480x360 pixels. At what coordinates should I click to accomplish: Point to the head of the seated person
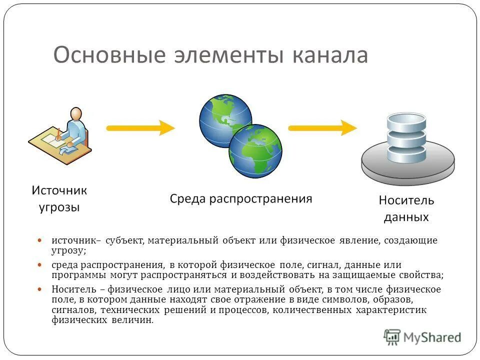pyautogui.click(x=75, y=114)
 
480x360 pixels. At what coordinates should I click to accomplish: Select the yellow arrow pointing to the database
pyautogui.click(x=323, y=127)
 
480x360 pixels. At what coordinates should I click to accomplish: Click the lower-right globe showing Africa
pyautogui.click(x=255, y=150)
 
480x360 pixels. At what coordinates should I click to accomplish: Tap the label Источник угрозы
pyautogui.click(x=59, y=198)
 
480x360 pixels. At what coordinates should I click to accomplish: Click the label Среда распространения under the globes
pyautogui.click(x=241, y=199)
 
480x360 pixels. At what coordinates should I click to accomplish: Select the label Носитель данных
pyautogui.click(x=406, y=209)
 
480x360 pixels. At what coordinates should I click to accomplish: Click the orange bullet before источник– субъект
pyautogui.click(x=41, y=240)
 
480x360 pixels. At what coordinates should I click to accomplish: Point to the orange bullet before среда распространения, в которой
pyautogui.click(x=41, y=265)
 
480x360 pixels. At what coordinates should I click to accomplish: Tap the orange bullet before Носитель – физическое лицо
pyautogui.click(x=41, y=289)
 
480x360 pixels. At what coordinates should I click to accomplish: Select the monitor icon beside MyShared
pyautogui.click(x=392, y=337)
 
